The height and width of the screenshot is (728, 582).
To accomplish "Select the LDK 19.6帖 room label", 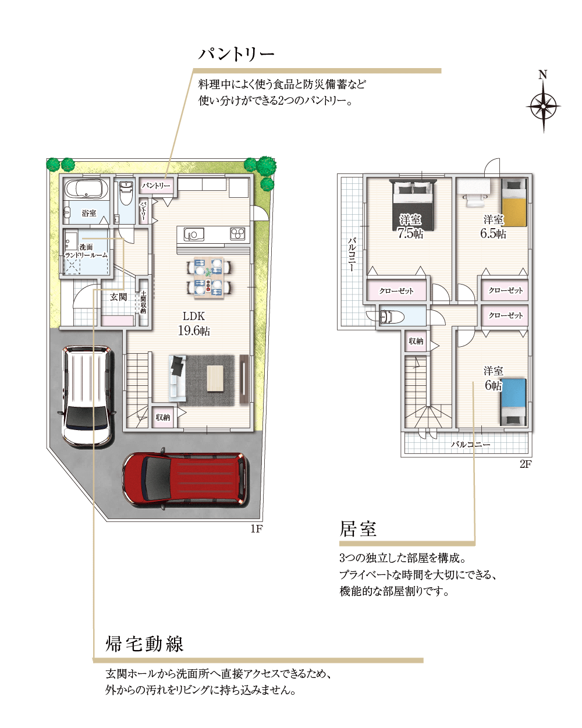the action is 194,324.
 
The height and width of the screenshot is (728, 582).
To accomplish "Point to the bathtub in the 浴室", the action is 86,188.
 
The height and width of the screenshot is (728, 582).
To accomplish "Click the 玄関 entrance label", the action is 118,297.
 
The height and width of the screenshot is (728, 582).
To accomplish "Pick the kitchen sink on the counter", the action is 194,234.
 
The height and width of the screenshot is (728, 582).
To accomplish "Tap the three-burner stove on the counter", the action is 237,234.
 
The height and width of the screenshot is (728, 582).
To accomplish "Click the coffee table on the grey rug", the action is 215,378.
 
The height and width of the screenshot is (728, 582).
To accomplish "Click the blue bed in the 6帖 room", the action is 514,402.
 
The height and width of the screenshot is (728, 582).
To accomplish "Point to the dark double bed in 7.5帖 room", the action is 413,205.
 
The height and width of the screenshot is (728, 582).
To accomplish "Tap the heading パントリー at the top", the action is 236,54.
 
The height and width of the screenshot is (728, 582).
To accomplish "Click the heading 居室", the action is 358,529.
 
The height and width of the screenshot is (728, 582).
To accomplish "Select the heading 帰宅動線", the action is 145,644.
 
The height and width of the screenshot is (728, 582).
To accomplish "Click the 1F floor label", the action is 256,529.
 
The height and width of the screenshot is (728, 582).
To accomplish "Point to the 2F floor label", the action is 526,464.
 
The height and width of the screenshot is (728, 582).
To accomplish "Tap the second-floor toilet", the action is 392,317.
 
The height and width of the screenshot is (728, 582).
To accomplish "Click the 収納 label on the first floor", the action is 163,417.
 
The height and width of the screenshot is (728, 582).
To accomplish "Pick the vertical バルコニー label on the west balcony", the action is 352,254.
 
